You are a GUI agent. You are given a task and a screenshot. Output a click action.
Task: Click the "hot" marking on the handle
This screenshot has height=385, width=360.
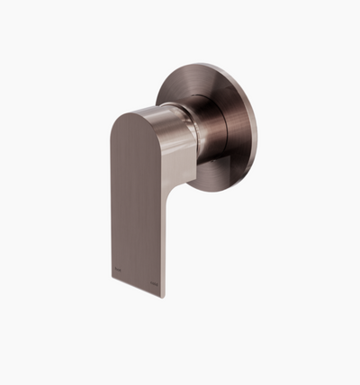tap(118, 266)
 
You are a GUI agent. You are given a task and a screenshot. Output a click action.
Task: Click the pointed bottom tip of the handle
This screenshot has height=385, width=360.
tap(162, 296)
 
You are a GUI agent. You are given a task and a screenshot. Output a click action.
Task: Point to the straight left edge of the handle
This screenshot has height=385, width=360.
tap(113, 198)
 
